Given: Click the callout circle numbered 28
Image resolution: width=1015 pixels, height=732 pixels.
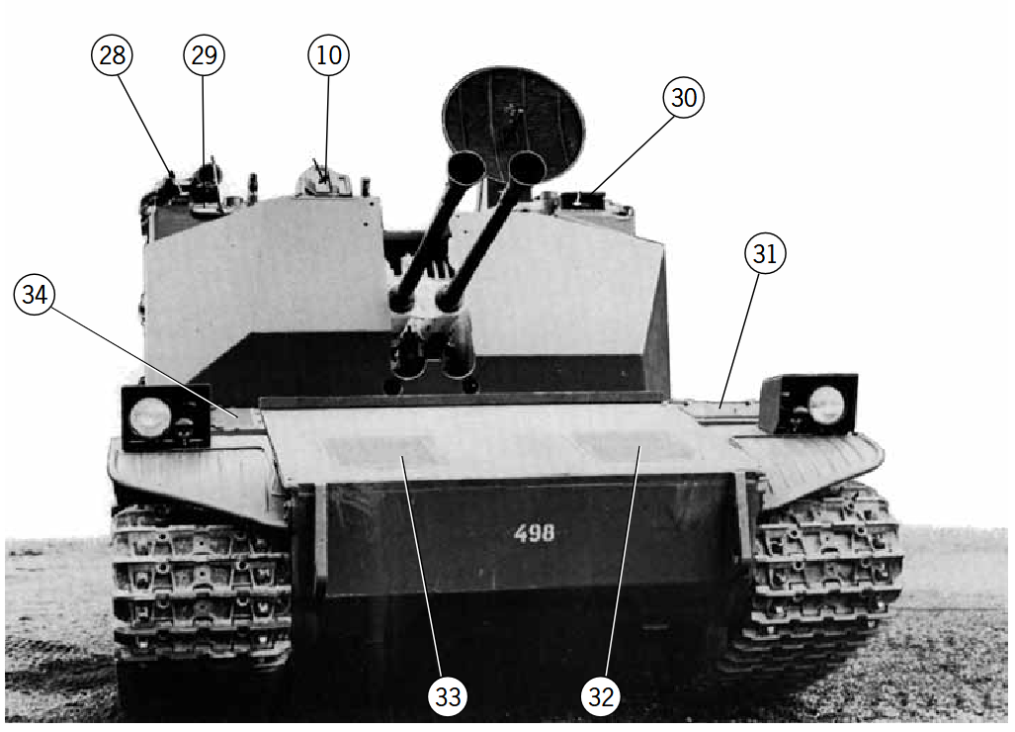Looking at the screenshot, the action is point(112,55).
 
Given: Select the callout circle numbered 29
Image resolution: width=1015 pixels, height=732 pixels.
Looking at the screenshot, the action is point(204,55).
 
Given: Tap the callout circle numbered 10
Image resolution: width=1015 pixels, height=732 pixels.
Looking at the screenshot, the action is point(328,55).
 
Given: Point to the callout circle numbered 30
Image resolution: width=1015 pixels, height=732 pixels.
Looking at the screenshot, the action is point(684,97).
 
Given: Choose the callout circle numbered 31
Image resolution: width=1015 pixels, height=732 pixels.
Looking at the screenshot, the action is point(765,253).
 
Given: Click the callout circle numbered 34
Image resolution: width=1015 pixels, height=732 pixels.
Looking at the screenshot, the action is point(35,294).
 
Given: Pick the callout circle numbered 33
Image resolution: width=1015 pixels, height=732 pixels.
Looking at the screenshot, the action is point(448,697).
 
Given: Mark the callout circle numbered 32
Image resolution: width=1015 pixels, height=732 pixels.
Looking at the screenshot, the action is point(601,697).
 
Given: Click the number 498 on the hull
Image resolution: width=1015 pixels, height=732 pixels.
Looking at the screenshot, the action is point(534,533).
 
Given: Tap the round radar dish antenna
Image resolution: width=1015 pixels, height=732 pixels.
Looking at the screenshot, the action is point(513,123).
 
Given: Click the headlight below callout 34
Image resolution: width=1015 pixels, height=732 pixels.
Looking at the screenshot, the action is point(150,416).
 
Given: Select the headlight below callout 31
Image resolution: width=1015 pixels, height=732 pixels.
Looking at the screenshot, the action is point(826,405).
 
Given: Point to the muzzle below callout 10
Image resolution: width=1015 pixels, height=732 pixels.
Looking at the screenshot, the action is point(465,167).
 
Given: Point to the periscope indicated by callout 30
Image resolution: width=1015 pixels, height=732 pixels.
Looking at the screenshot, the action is point(582,200).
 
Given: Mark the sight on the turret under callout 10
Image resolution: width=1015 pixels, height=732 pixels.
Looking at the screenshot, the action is point(323,181).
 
